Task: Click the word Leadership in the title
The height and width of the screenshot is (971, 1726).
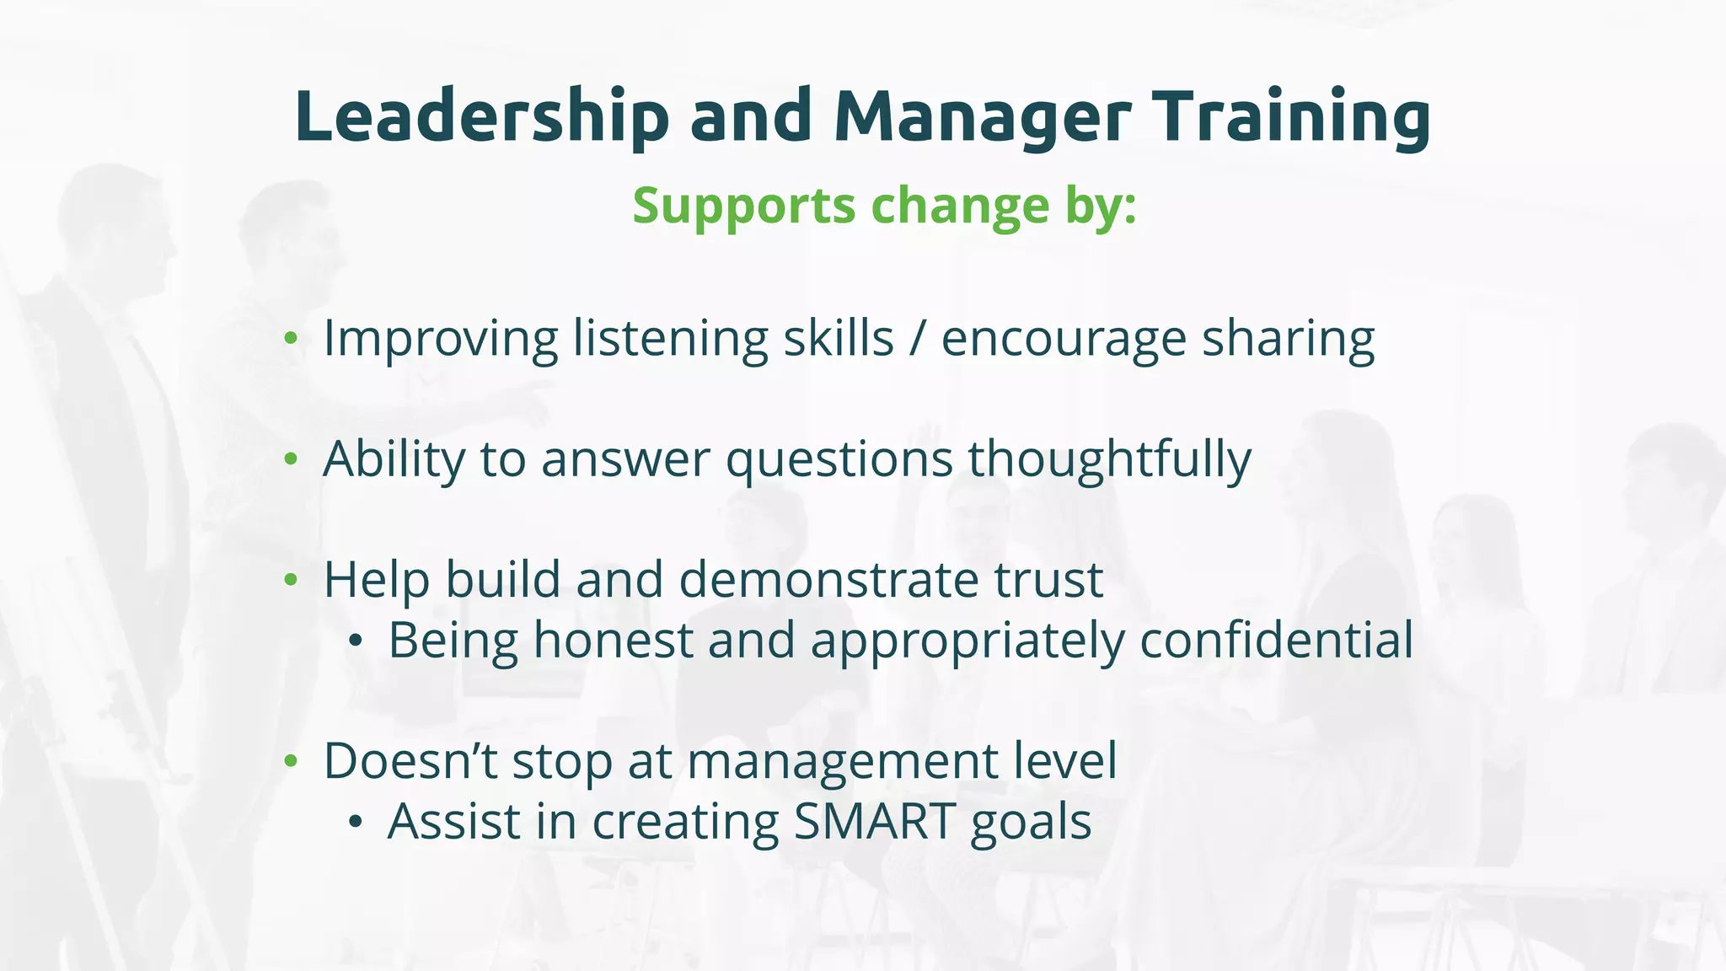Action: [481, 116]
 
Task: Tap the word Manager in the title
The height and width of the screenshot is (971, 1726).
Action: [983, 116]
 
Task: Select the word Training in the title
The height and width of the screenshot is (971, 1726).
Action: [1291, 116]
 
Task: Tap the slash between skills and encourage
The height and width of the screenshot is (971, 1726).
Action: [917, 339]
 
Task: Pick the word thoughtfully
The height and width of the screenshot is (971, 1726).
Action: [1109, 459]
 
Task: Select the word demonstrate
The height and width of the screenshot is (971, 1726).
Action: [828, 580]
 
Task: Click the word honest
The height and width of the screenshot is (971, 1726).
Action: [613, 641]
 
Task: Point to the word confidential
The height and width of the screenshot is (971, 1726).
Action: [1276, 641]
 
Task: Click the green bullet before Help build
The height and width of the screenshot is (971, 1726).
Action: [292, 580]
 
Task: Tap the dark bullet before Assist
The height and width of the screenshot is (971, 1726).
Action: [356, 823]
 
